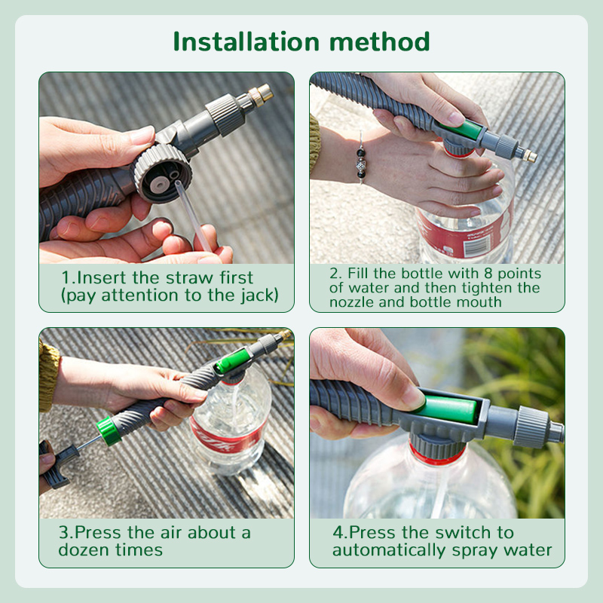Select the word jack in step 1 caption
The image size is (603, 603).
click(x=253, y=295)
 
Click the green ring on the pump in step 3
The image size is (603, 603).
click(x=109, y=431)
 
